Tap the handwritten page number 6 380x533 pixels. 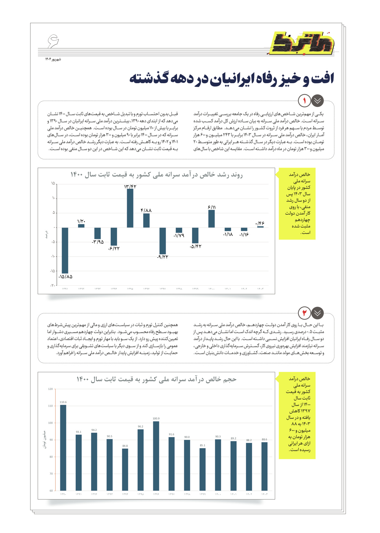53,41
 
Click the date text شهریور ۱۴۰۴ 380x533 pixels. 53,59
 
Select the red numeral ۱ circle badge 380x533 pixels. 304,101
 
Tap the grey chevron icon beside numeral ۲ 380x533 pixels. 318,313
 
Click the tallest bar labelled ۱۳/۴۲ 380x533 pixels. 130,208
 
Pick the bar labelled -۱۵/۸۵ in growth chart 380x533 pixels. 65,250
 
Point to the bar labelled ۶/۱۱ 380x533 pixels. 212,219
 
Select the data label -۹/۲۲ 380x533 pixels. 163,257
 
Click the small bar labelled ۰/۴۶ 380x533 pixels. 261,227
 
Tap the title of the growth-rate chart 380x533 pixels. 157,175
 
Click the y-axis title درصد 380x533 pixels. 47,235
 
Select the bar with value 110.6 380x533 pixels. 63,447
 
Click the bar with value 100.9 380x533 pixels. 156,456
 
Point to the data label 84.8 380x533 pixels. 125,446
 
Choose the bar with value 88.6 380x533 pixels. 264,466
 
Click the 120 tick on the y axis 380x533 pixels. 50,389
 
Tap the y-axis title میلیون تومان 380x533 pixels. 44,439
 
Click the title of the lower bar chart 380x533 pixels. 156,379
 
